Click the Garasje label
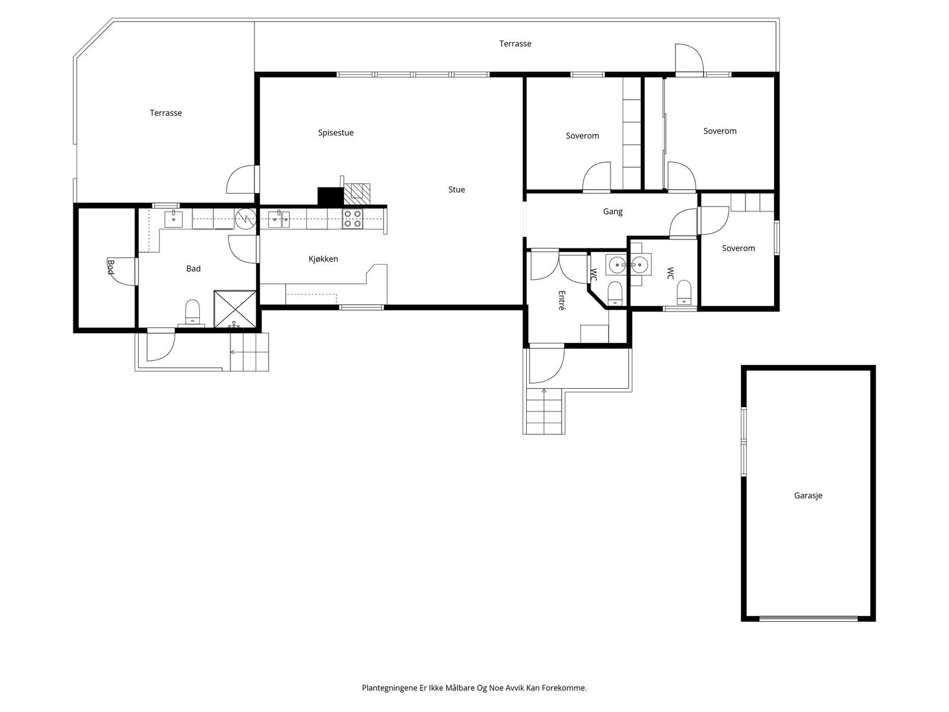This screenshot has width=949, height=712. tap(808, 495)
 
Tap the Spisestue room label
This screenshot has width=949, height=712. tap(336, 133)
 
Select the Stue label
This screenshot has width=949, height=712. tap(457, 189)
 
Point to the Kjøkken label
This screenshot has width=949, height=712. tap(323, 259)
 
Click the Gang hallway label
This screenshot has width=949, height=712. tap(613, 211)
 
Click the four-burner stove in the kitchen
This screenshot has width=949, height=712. tap(353, 219)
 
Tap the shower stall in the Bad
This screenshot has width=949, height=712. tap(235, 309)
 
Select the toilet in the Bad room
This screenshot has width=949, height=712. tap(192, 312)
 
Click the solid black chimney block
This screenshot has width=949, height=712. tap(331, 196)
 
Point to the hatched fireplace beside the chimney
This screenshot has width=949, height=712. tap(357, 194)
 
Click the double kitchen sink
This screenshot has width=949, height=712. tap(279, 219)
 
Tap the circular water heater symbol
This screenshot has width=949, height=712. tap(246, 219)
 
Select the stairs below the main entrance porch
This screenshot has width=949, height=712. tap(544, 411)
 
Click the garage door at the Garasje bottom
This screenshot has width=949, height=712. tap(808, 619)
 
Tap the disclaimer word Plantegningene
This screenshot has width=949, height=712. tap(390, 688)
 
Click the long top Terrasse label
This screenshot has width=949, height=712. tap(515, 44)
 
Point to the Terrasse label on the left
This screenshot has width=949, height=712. tap(165, 113)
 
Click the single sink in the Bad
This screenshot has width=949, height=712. tap(173, 219)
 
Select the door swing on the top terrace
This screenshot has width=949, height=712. tap(689, 58)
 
